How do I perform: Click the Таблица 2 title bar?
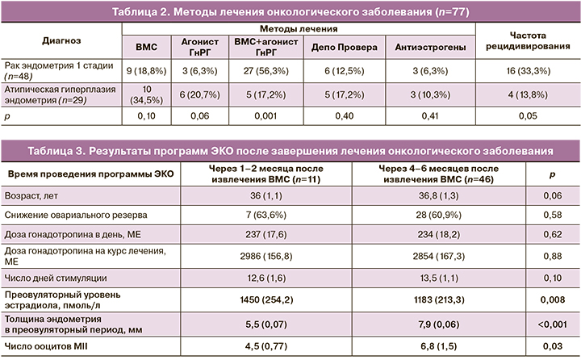pyautogui.click(x=290, y=10)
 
